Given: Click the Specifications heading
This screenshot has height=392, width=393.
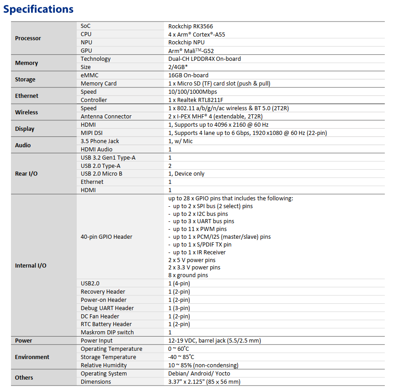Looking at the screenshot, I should (38, 9).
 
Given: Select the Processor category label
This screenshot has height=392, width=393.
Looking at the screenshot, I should (28, 38).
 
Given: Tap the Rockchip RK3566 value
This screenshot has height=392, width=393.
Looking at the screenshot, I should (191, 27).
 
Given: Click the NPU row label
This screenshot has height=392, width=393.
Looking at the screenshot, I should (86, 43).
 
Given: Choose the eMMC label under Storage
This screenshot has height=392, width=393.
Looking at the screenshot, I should (90, 75).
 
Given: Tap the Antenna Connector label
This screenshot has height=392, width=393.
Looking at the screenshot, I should (106, 117).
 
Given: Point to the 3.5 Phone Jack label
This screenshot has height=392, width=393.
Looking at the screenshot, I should (100, 141).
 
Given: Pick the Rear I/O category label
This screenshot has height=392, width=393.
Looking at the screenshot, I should (27, 174).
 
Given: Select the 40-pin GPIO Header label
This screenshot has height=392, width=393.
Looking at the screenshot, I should (106, 237).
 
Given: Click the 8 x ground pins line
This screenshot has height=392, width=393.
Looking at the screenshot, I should (188, 275).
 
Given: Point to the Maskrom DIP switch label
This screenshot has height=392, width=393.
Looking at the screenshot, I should (107, 333).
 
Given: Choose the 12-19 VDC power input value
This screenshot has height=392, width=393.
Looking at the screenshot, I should (214, 341).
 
